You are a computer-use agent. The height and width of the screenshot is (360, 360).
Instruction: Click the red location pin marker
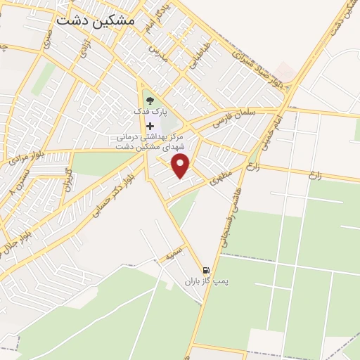click(181, 166)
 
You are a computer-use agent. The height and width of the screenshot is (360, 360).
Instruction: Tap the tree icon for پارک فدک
click(149, 100)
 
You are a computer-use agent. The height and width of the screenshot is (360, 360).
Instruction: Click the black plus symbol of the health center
click(149, 125)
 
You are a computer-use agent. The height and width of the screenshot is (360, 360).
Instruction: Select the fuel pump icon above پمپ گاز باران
click(205, 270)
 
